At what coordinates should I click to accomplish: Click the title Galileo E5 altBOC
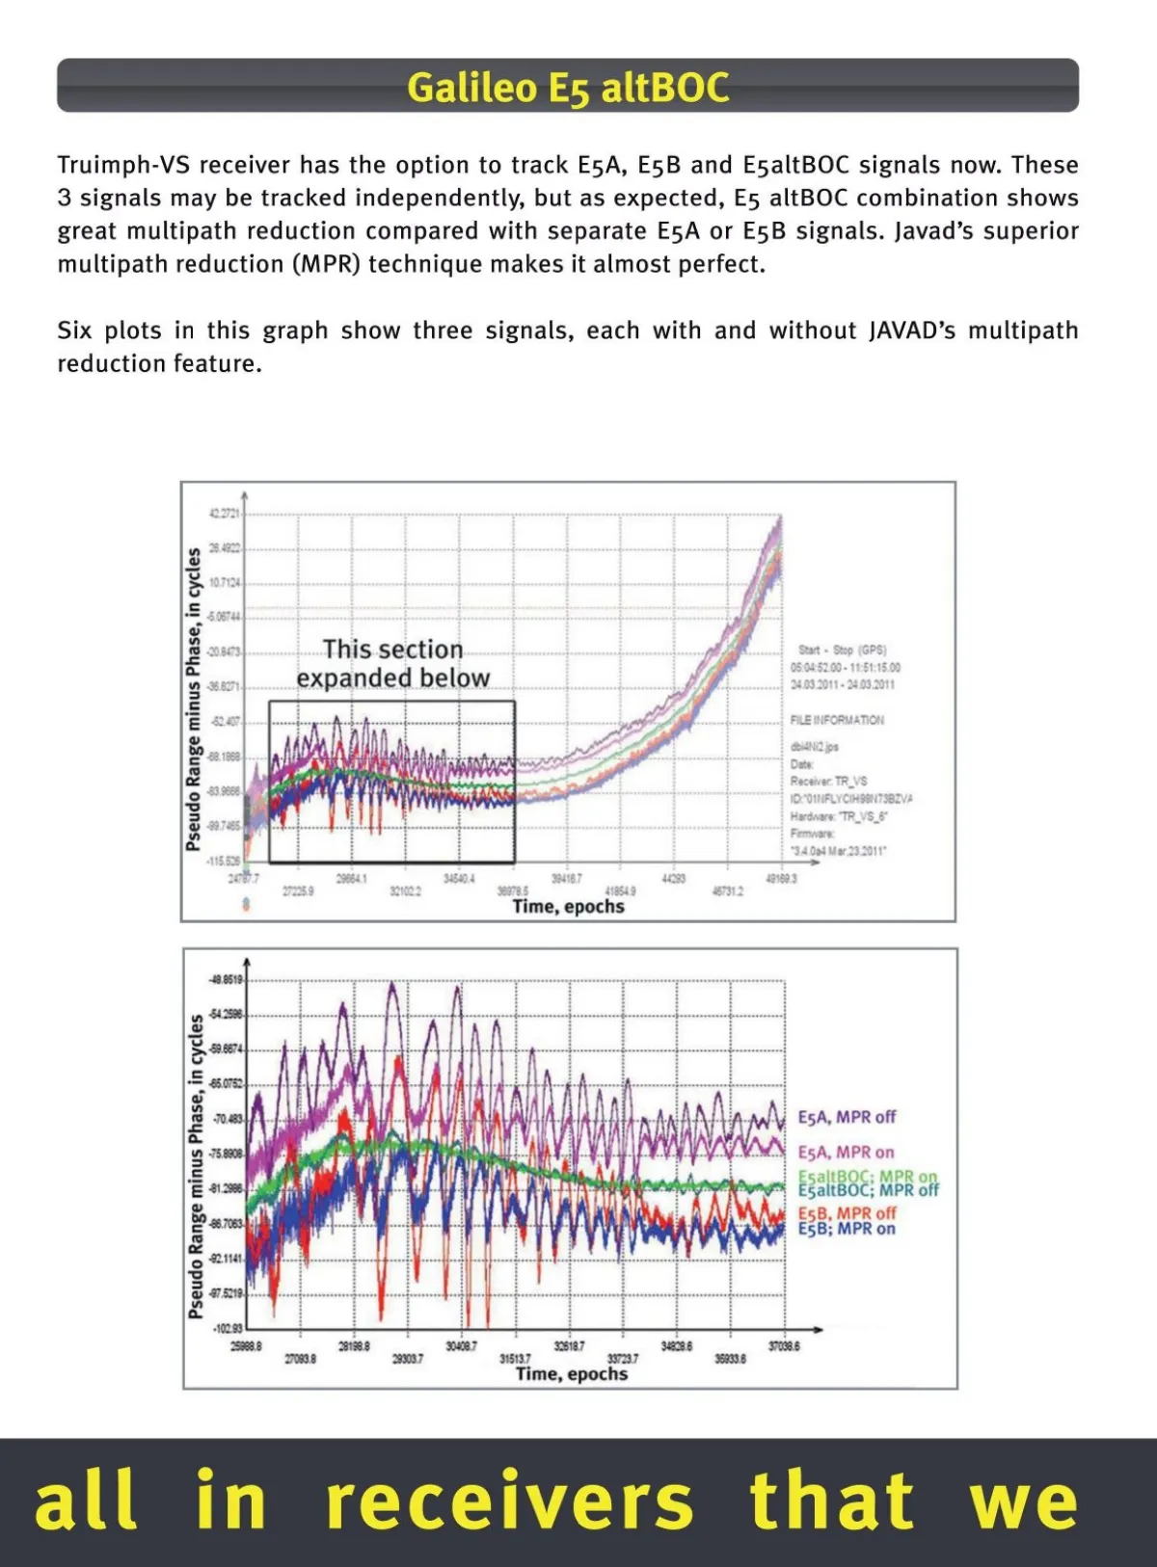(567, 88)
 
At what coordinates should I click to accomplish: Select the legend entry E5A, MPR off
(847, 1117)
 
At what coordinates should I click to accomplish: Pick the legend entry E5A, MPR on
(846, 1153)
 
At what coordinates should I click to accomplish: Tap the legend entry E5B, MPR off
(847, 1213)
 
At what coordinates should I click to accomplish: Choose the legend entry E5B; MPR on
(847, 1229)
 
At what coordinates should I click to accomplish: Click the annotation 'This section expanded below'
(392, 664)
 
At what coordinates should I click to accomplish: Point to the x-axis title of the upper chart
(568, 907)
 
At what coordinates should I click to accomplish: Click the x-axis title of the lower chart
(571, 1373)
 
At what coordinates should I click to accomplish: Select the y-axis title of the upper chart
(194, 699)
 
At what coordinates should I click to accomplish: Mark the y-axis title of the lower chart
(197, 1166)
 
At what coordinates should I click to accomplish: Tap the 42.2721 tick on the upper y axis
(226, 514)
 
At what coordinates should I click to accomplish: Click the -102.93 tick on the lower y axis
(229, 1329)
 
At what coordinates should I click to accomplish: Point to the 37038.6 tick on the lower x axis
(784, 1346)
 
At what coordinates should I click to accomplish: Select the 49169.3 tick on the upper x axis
(781, 879)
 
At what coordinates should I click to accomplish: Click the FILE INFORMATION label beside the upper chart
(837, 720)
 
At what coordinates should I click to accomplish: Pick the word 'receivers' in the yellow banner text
(509, 1501)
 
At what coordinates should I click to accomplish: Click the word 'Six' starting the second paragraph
(74, 331)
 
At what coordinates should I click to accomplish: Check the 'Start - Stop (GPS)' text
(842, 651)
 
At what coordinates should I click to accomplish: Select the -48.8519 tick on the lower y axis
(228, 979)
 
